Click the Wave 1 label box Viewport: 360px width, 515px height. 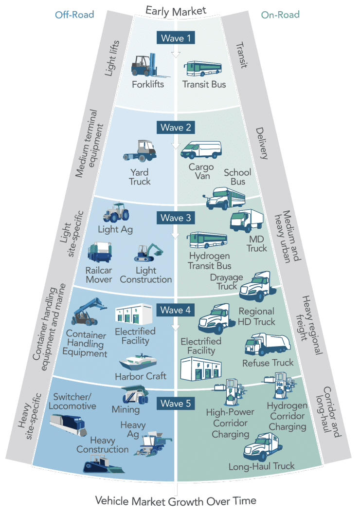(x=176, y=37)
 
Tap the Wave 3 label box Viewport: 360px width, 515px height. (x=176, y=218)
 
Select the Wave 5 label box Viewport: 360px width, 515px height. (x=176, y=403)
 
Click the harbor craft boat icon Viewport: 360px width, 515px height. (x=140, y=362)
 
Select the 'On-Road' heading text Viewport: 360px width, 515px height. (x=280, y=15)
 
